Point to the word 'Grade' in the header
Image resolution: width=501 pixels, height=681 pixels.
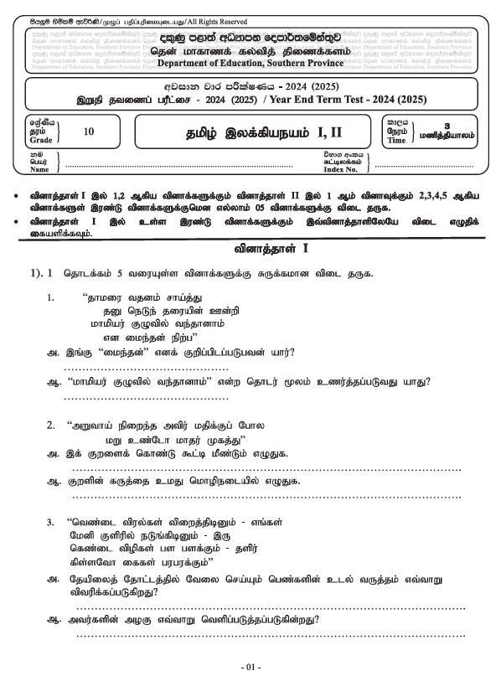coord(39,140)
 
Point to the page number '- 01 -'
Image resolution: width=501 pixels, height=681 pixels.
coord(250,667)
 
